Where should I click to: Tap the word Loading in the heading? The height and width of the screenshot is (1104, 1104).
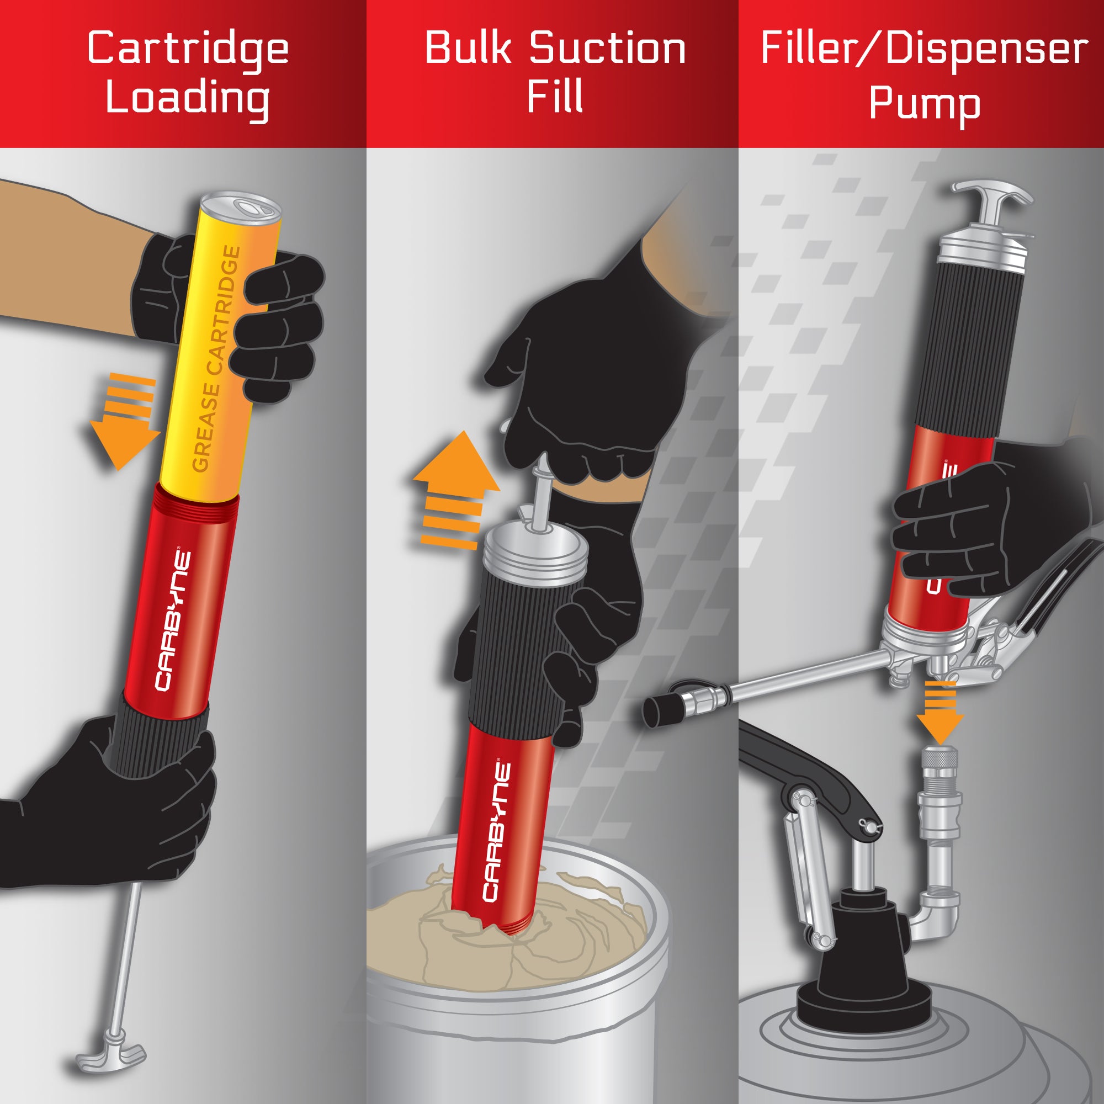tap(188, 98)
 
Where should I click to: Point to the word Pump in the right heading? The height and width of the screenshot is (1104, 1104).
tap(924, 104)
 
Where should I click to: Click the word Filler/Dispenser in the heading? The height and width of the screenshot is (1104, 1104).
tap(924, 49)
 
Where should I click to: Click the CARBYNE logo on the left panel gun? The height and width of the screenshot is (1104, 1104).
tap(173, 620)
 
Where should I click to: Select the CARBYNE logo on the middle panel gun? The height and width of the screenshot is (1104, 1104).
tap(496, 831)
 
